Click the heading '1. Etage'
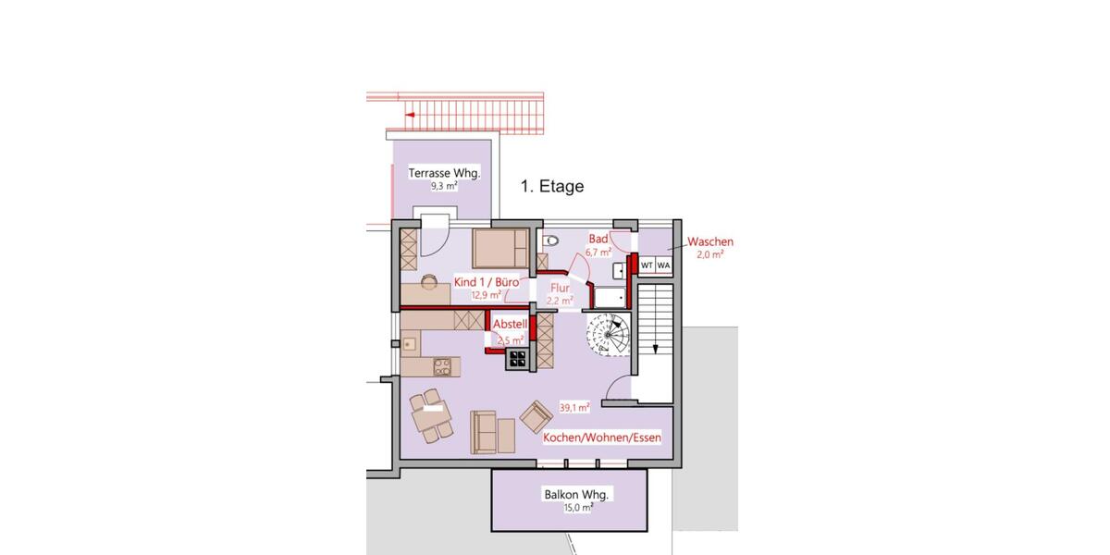tap(551, 186)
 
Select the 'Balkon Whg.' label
tap(566, 494)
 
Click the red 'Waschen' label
tap(710, 241)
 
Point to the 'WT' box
tap(647, 265)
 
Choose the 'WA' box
tap(663, 265)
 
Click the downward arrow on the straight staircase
tap(655, 349)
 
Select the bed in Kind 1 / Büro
tap(500, 249)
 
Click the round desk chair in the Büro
tap(429, 281)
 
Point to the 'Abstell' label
tap(510, 325)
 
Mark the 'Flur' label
tap(561, 287)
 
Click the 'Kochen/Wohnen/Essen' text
tap(602, 438)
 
